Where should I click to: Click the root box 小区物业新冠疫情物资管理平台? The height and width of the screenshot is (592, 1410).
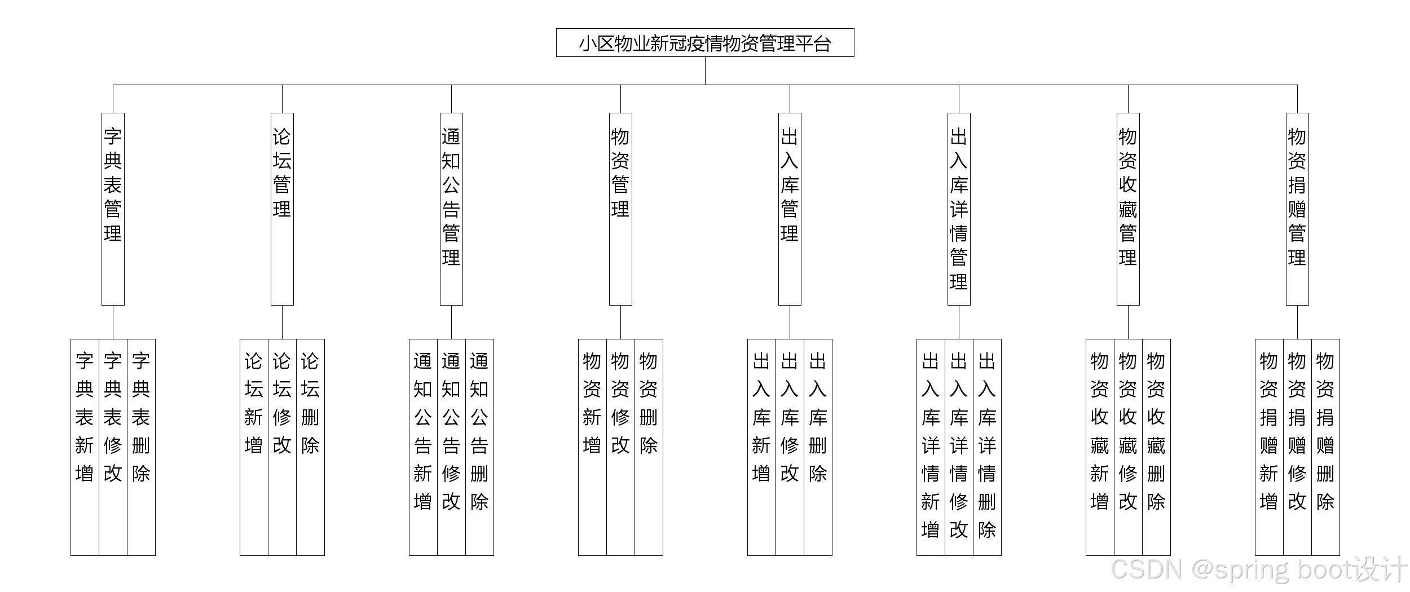coord(704,43)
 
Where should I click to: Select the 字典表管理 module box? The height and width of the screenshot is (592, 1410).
coord(113,209)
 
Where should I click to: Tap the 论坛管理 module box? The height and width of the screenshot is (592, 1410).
coord(282,209)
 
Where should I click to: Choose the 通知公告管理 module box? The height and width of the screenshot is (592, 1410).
coord(451,209)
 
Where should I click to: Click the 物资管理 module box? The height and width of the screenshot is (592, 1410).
coord(620,209)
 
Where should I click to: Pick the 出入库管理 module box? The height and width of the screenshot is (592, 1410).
coord(790,209)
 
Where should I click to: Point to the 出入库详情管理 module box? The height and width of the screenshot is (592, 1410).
coord(959,209)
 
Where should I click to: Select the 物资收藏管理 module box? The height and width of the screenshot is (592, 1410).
coord(1128,209)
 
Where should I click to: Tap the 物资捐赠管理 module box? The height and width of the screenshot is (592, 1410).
coord(1297,209)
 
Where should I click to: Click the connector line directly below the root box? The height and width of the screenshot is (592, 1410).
coord(705,70)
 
